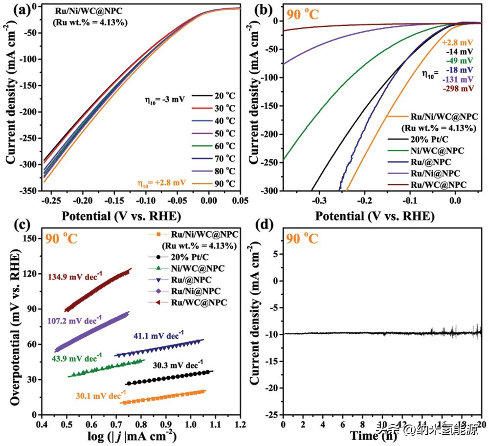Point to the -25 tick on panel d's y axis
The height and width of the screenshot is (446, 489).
pyautogui.click(x=271, y=414)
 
